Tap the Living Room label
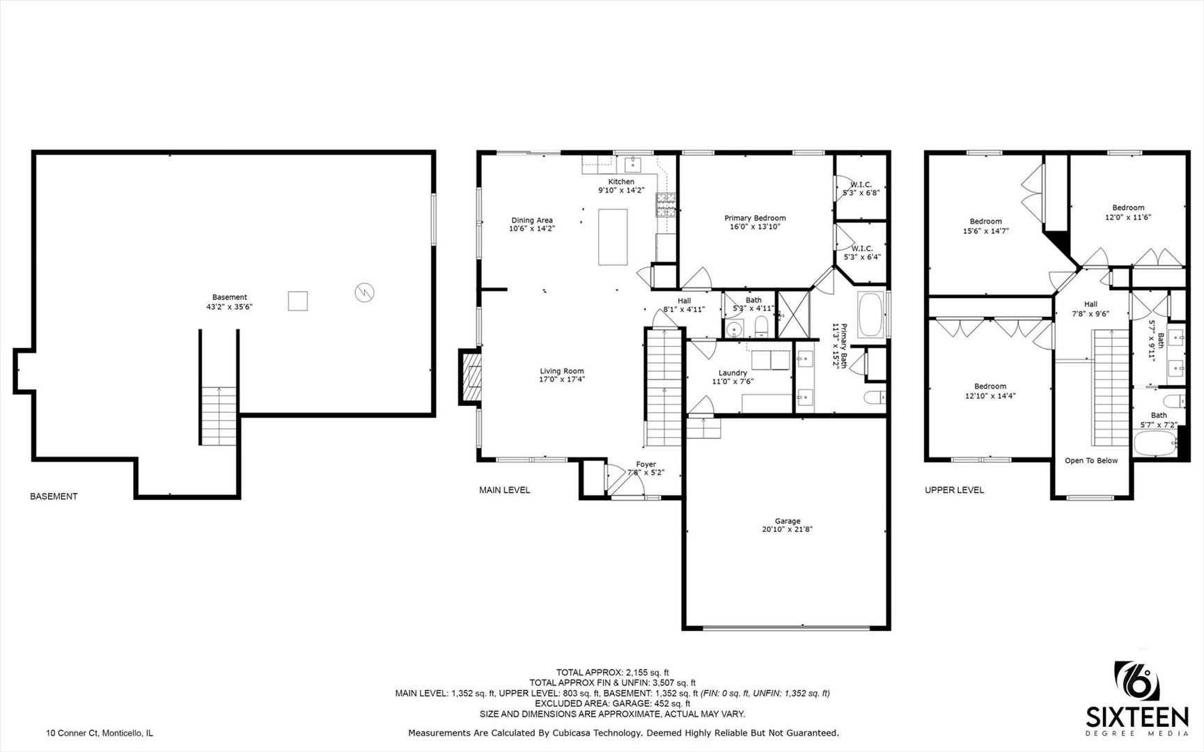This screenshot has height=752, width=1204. [x=562, y=375]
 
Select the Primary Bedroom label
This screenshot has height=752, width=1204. [x=755, y=222]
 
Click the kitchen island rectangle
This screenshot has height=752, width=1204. [x=613, y=237]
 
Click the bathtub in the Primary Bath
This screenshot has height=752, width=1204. [x=870, y=315]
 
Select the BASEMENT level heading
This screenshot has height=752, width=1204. [x=54, y=496]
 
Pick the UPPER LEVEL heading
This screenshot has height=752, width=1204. [x=954, y=490]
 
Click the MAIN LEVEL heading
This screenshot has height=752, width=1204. [x=504, y=490]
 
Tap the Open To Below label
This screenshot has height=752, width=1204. [x=1090, y=460]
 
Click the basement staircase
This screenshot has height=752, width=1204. [x=219, y=416]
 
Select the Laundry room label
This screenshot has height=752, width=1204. [x=733, y=377]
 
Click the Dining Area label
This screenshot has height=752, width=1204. [x=532, y=224]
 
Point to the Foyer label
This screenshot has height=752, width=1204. [x=646, y=468]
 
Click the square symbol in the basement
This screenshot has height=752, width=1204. [x=298, y=301]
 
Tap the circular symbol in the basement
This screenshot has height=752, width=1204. [x=364, y=292]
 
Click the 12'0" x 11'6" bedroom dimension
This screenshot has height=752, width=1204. [x=1128, y=217]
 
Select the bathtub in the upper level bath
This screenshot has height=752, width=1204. [x=1155, y=444]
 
